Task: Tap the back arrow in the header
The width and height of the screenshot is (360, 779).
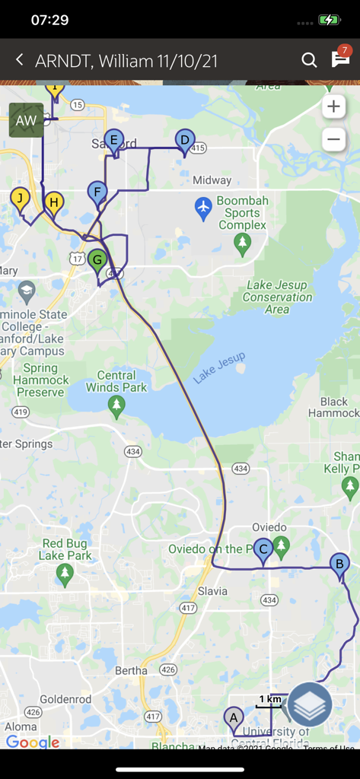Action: (x=20, y=60)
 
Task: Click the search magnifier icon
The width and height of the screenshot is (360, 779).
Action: (x=309, y=60)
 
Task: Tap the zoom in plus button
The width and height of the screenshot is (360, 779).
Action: (x=333, y=107)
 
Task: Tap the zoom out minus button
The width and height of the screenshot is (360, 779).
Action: (x=333, y=139)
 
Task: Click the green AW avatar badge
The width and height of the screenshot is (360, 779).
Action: (x=26, y=120)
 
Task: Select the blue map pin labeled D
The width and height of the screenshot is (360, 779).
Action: (x=184, y=141)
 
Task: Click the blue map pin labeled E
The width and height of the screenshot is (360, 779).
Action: (x=113, y=141)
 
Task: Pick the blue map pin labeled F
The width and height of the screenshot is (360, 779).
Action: (x=97, y=192)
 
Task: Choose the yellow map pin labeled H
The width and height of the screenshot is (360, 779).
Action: (x=53, y=203)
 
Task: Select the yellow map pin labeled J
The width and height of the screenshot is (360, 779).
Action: (x=19, y=199)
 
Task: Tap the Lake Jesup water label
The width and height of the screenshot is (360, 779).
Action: (x=219, y=369)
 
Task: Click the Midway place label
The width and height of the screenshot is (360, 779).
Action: (x=212, y=180)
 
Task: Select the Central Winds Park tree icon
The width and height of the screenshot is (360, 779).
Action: (x=116, y=405)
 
